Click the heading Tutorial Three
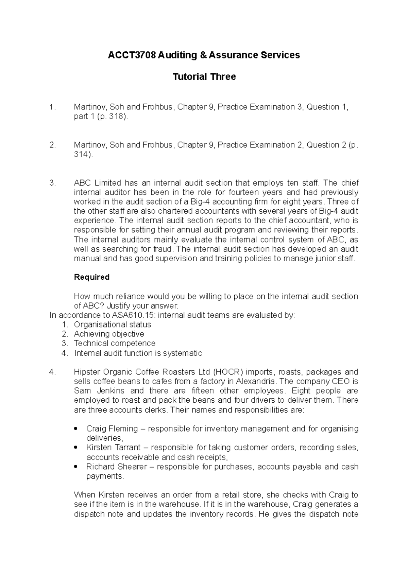(204, 77)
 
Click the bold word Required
(91, 277)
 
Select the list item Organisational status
(112, 325)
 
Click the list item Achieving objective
(109, 334)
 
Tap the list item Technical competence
(115, 343)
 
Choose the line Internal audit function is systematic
(138, 353)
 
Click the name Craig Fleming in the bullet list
(112, 429)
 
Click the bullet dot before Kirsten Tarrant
(75, 448)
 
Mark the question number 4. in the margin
(52, 372)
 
